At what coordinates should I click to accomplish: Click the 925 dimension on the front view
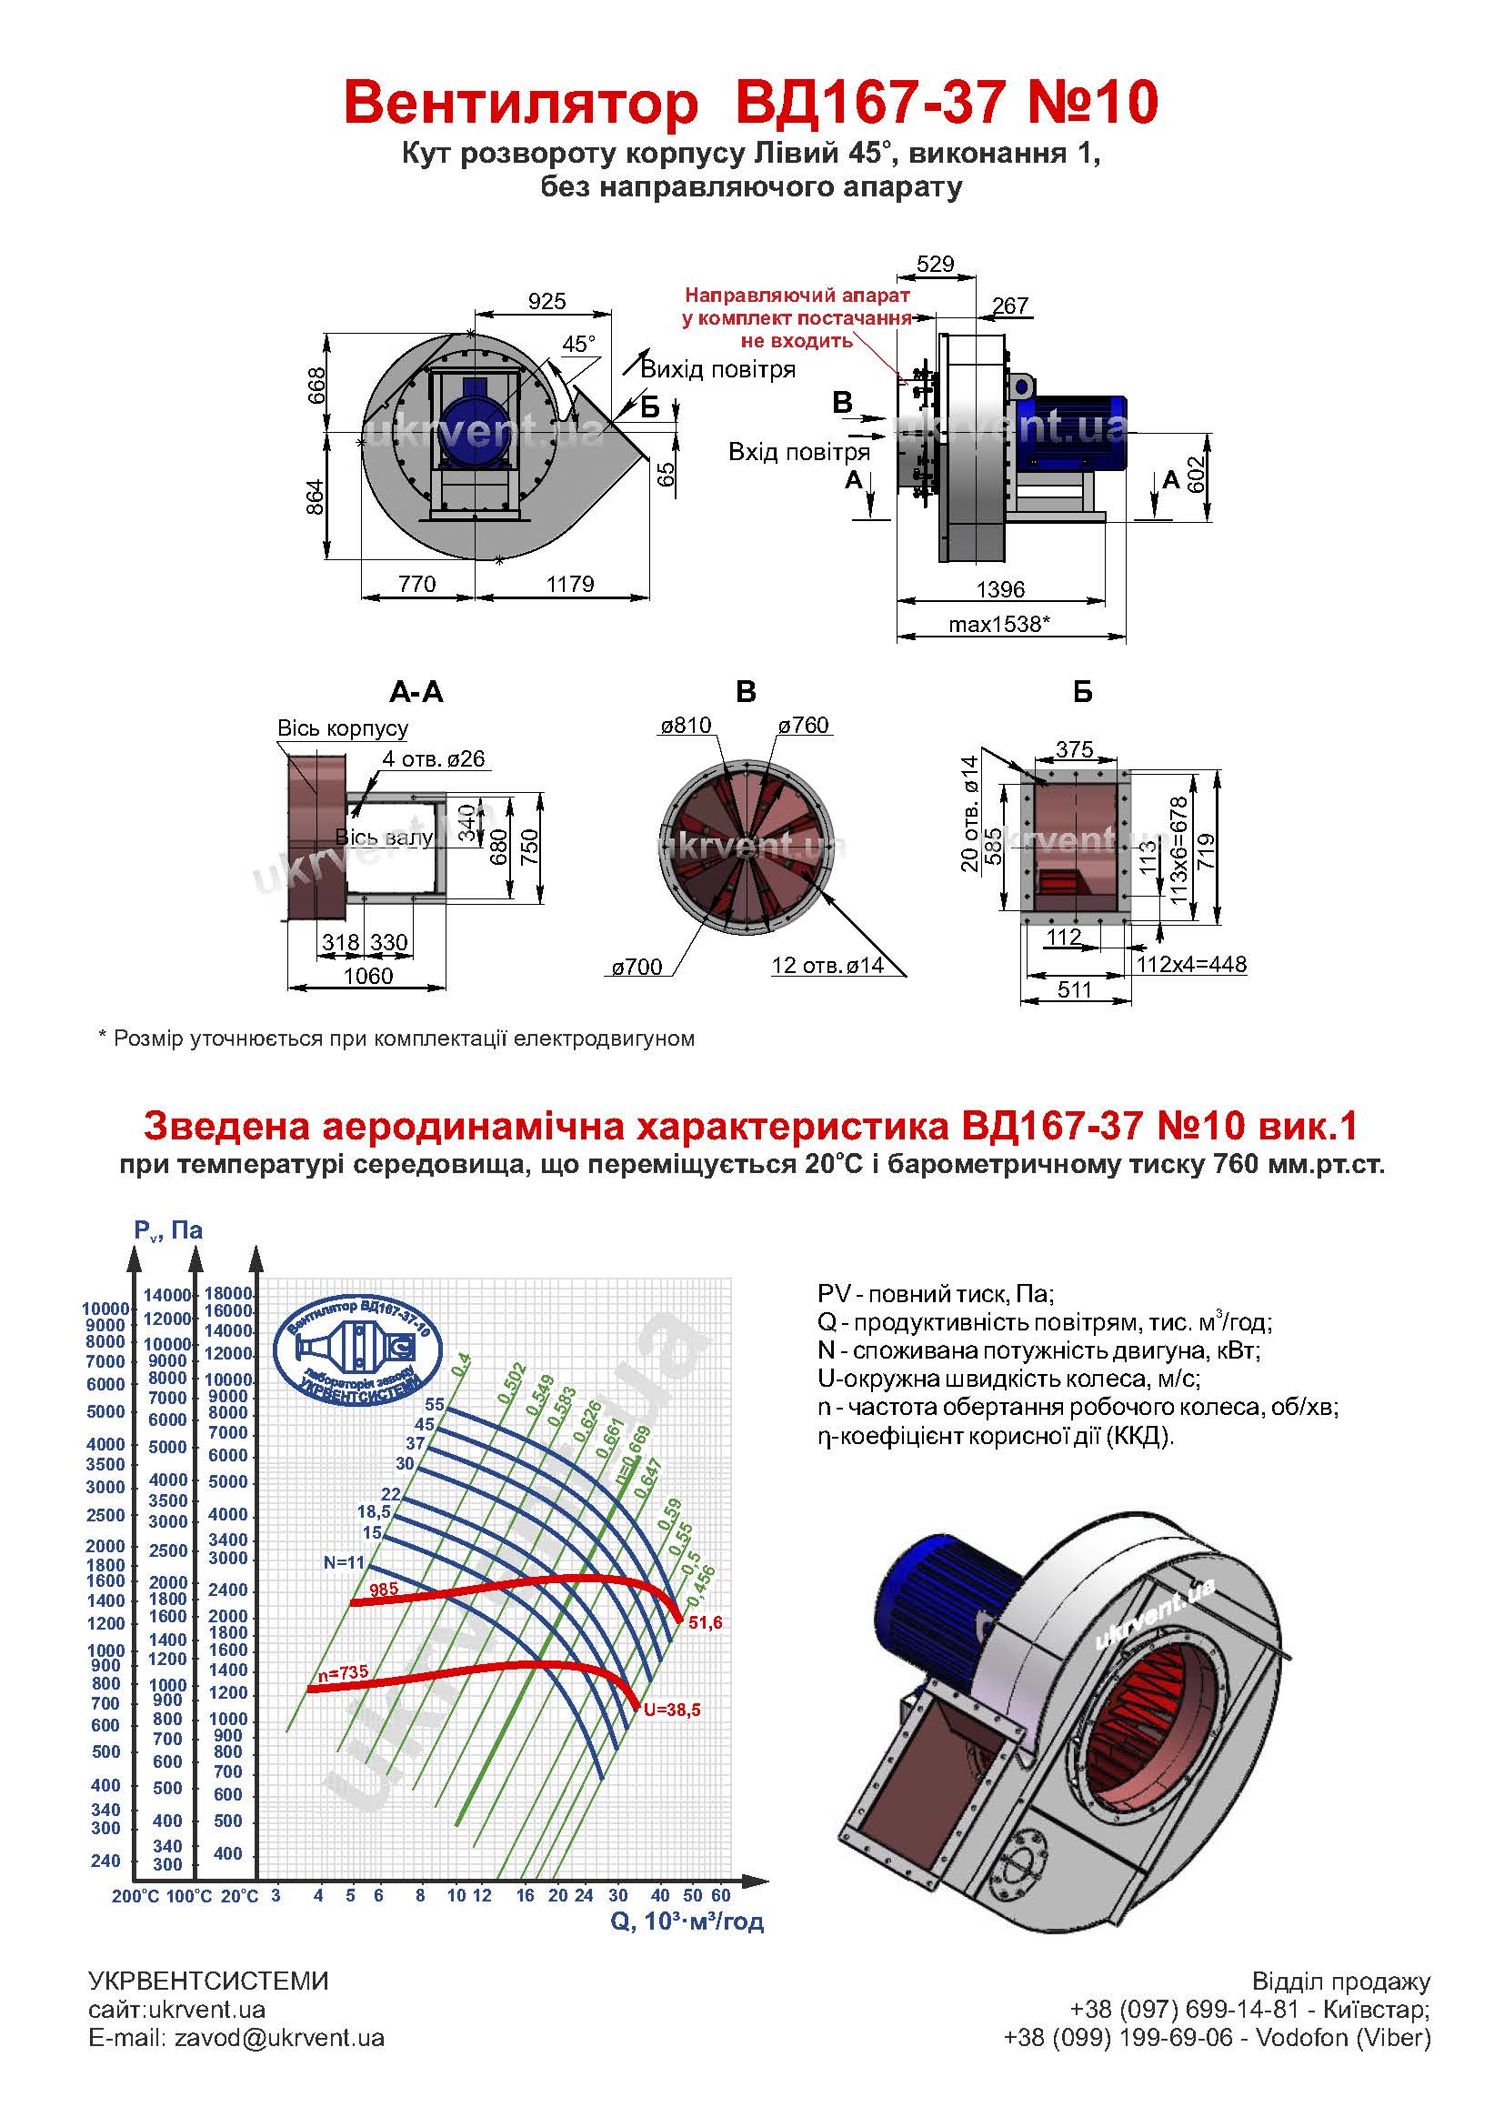546,301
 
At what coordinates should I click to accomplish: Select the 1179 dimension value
569,584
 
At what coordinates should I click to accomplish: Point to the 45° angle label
579,345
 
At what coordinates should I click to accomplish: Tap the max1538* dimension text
999,625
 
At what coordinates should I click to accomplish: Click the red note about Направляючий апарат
797,317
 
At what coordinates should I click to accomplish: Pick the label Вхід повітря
799,452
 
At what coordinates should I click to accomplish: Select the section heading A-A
416,692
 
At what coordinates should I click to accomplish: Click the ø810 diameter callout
686,726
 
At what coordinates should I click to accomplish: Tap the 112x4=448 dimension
1191,964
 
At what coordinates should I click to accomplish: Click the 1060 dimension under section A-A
367,976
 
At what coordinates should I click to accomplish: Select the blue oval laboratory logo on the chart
358,1349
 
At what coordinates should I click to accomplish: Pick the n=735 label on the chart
343,1674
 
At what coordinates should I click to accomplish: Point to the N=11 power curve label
345,1562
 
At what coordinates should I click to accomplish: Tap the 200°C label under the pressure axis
136,1896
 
